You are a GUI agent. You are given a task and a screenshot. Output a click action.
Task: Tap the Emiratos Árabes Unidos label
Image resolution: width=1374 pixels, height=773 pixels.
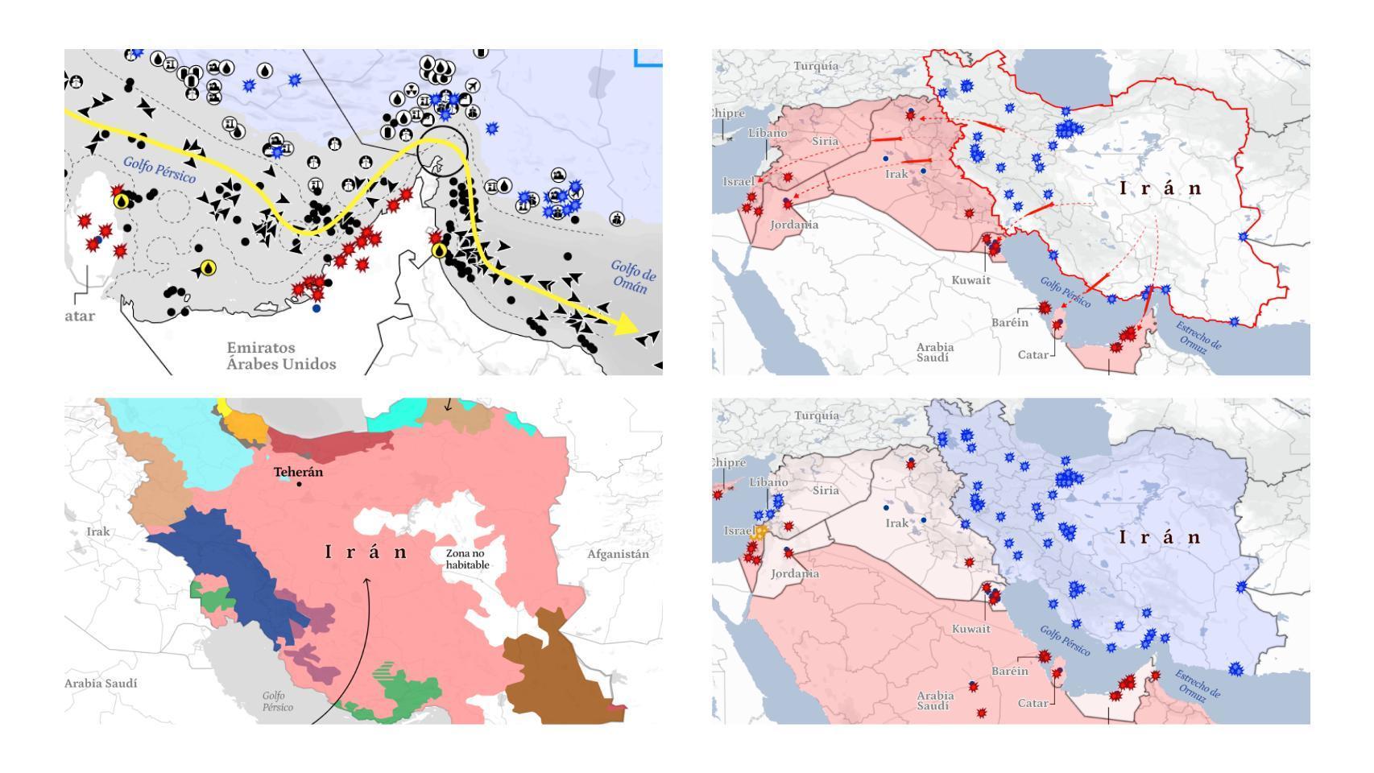tap(281, 356)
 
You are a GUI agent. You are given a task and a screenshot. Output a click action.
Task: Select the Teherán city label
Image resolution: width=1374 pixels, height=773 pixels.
tap(298, 472)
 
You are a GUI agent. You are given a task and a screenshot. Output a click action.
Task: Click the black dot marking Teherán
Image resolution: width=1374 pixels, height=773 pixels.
tap(300, 484)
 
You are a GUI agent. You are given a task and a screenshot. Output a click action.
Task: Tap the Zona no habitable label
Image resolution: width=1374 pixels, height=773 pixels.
tap(467, 559)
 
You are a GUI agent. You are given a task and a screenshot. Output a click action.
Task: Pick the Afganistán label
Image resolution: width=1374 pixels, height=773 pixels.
tap(618, 554)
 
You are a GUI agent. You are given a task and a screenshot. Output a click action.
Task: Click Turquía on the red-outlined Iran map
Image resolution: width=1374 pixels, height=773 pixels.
tap(816, 66)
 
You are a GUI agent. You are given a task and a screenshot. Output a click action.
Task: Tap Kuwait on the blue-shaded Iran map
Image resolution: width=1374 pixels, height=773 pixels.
tap(970, 629)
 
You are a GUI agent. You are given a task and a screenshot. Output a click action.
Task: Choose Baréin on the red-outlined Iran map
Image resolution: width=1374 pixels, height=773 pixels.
tap(1009, 322)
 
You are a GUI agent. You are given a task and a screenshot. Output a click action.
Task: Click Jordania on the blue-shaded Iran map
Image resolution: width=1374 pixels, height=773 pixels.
tap(794, 574)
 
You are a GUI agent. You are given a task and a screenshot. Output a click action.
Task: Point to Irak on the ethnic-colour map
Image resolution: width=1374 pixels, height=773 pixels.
tap(98, 531)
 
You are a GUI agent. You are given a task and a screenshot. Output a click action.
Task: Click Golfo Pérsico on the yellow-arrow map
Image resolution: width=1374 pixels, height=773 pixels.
tap(159, 170)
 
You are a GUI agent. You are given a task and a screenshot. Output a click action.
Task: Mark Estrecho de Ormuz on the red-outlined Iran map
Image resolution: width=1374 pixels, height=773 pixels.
tap(1198, 336)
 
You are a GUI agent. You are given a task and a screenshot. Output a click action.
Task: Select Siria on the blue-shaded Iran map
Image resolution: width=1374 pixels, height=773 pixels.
tap(826, 490)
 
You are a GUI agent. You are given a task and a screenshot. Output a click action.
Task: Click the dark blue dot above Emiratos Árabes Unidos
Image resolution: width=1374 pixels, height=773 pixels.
tap(317, 308)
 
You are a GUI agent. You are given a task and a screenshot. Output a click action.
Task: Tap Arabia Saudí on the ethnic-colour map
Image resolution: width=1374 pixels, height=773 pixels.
tap(101, 683)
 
